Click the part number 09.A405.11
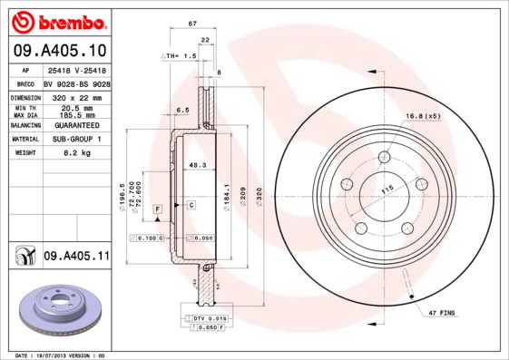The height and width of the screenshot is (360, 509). [x=75, y=257]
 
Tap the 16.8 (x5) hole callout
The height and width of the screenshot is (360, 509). [x=423, y=116]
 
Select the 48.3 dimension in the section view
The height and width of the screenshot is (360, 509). [x=196, y=165]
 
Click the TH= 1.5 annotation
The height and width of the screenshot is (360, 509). [x=180, y=56]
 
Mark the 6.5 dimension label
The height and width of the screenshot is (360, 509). [x=181, y=110]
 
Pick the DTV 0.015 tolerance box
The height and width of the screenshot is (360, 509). [x=209, y=318]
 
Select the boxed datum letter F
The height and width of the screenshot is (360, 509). [x=157, y=209]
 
